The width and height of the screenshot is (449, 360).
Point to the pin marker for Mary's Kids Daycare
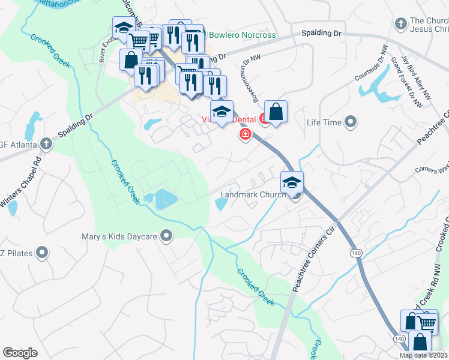click(167, 236)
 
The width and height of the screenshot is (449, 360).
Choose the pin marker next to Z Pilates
click(42, 253)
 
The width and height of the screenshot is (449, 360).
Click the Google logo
click(20, 353)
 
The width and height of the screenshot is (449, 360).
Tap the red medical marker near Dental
click(245, 134)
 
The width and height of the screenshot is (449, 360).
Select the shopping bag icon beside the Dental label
click(276, 112)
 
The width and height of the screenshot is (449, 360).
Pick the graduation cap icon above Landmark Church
click(292, 182)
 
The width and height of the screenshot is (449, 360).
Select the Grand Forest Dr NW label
click(403, 79)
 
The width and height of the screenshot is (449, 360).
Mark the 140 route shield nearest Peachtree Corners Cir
click(357, 254)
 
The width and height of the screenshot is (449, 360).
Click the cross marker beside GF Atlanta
click(46, 144)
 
